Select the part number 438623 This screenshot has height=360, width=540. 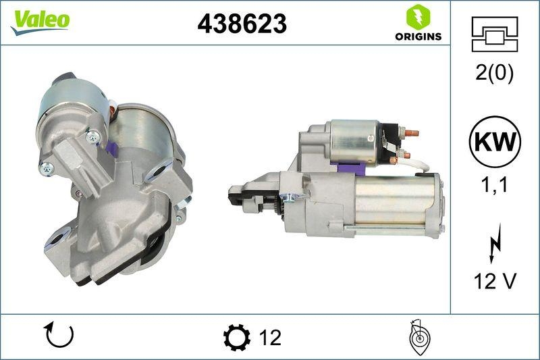pos(242,24)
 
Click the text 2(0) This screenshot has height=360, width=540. pos(494,73)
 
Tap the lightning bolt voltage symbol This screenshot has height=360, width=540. pos(495,243)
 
